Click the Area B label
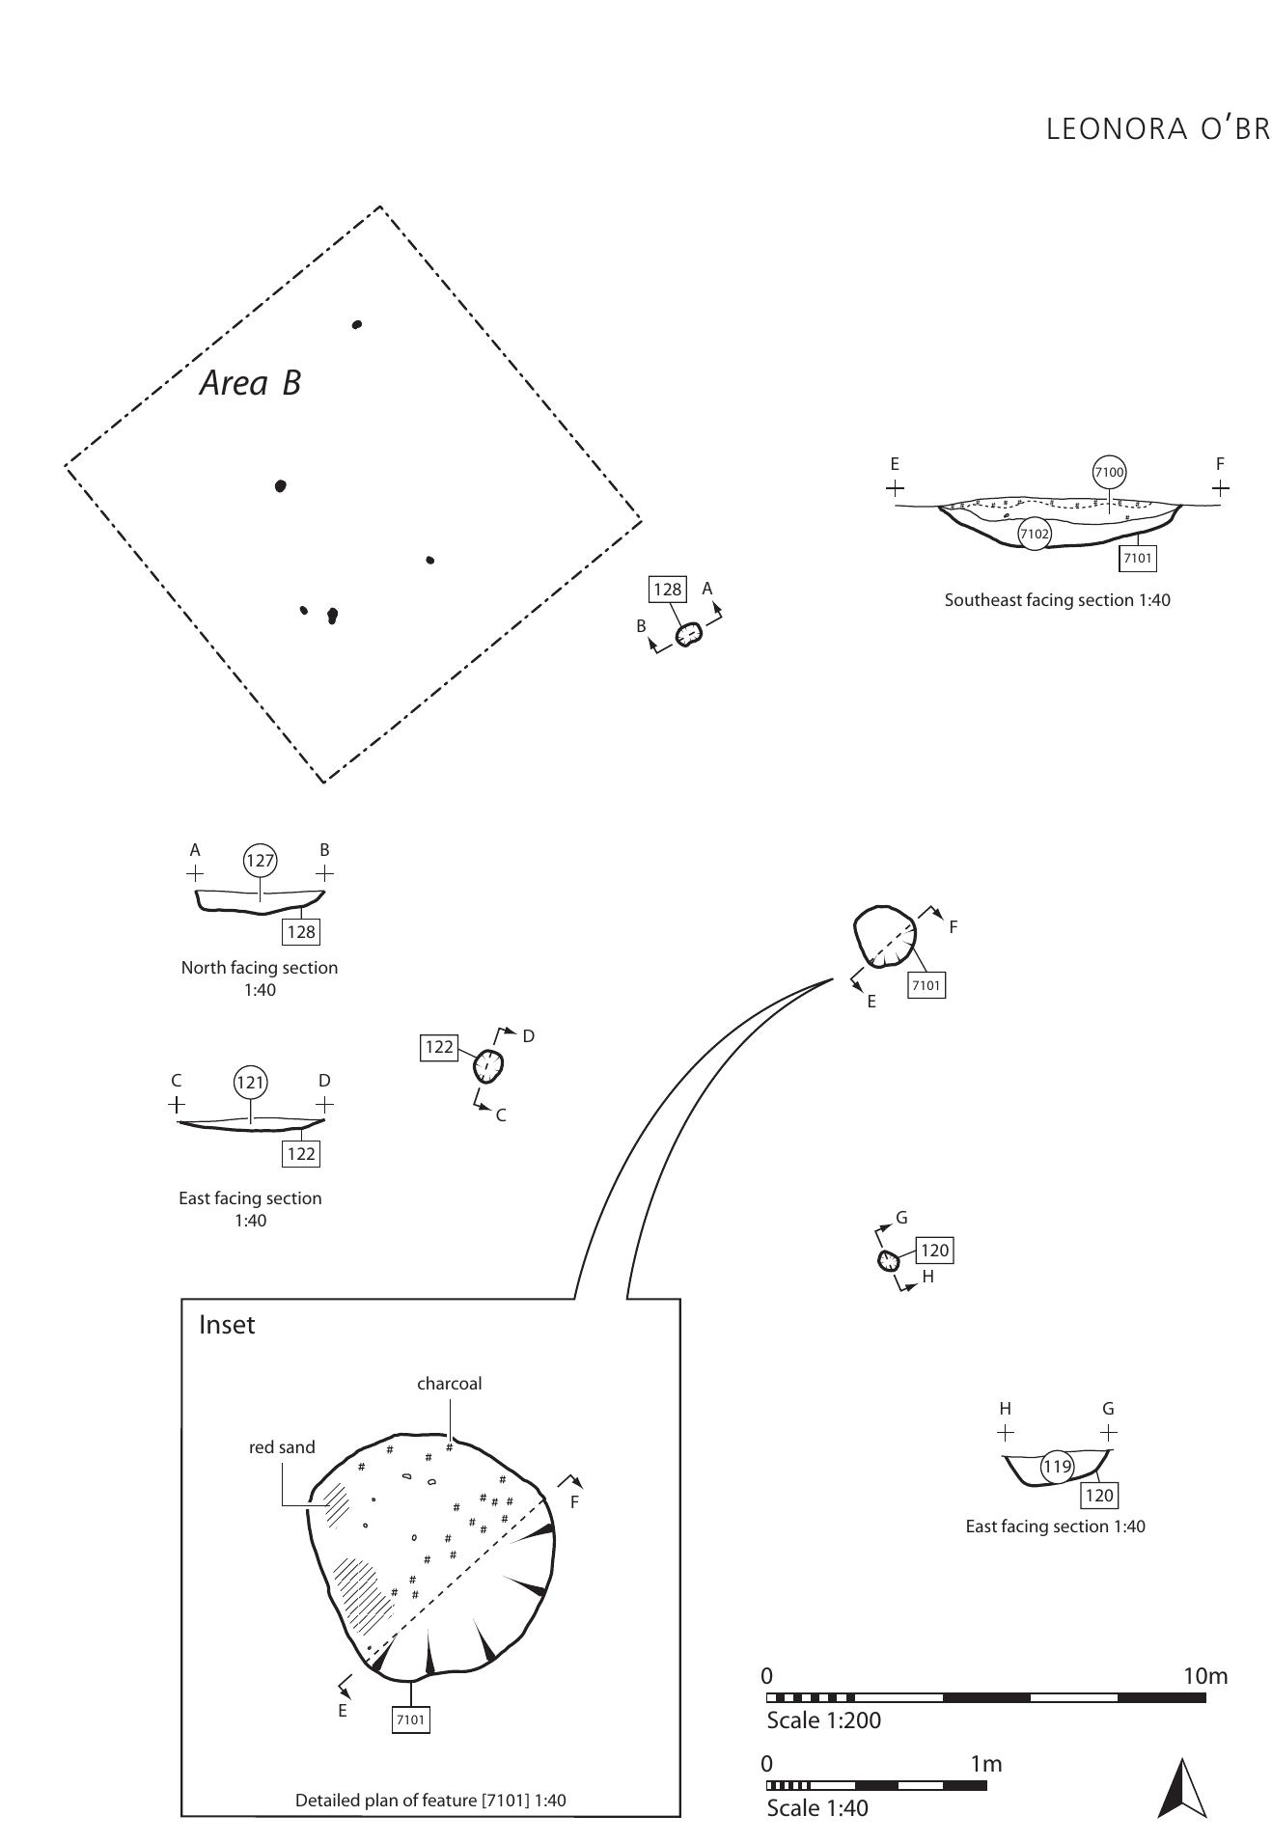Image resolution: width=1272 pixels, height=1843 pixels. [250, 383]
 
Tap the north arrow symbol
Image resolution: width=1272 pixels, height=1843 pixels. [1182, 1787]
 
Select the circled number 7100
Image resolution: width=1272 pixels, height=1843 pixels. [1109, 472]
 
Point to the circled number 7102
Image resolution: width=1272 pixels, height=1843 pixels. [1035, 534]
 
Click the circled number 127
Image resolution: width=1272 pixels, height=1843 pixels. [261, 861]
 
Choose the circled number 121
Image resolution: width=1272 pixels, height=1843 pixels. [251, 1083]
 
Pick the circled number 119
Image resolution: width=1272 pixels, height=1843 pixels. [1057, 1467]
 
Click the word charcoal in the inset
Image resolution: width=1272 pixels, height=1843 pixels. [449, 1384]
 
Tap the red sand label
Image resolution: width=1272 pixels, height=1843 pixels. [282, 1447]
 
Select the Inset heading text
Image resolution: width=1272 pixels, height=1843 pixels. [227, 1325]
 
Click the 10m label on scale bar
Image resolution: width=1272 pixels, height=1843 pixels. [1204, 1676]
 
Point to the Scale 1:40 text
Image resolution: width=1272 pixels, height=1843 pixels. [816, 1808]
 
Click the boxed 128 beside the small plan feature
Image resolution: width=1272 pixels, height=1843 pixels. [668, 590]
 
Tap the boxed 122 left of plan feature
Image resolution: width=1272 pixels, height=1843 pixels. [439, 1047]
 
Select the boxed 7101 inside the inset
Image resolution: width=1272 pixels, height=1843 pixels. [410, 1719]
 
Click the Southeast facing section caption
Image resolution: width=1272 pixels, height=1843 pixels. [1057, 600]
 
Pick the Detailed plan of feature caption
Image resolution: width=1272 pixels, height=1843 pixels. [430, 1801]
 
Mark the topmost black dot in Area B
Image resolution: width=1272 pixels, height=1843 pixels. [357, 324]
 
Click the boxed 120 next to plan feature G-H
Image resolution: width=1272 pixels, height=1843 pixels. [934, 1251]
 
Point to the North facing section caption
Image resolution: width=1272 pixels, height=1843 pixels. [260, 968]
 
